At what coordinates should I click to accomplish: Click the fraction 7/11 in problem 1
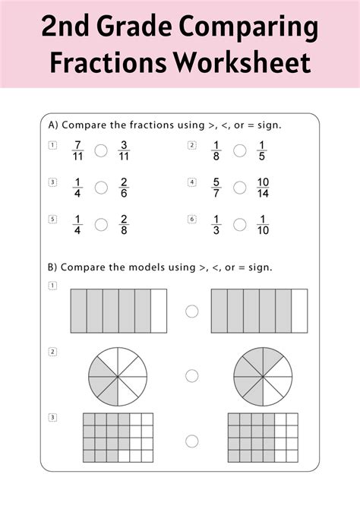(76, 150)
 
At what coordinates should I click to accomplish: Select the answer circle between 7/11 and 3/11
(100, 150)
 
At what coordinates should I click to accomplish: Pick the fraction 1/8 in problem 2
(216, 150)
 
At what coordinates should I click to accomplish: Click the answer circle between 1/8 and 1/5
(239, 150)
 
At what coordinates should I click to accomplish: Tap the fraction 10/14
(264, 188)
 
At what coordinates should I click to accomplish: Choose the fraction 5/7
(216, 188)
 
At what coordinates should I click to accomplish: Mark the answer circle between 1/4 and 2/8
(100, 224)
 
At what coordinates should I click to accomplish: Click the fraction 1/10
(264, 224)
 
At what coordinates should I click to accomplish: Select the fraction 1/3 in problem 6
(216, 224)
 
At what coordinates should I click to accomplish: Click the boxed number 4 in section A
(192, 182)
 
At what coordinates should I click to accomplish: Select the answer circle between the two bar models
(191, 311)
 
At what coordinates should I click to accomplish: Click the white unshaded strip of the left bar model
(159, 311)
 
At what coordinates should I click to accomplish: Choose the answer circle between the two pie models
(191, 375)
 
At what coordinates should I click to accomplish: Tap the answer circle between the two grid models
(191, 441)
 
